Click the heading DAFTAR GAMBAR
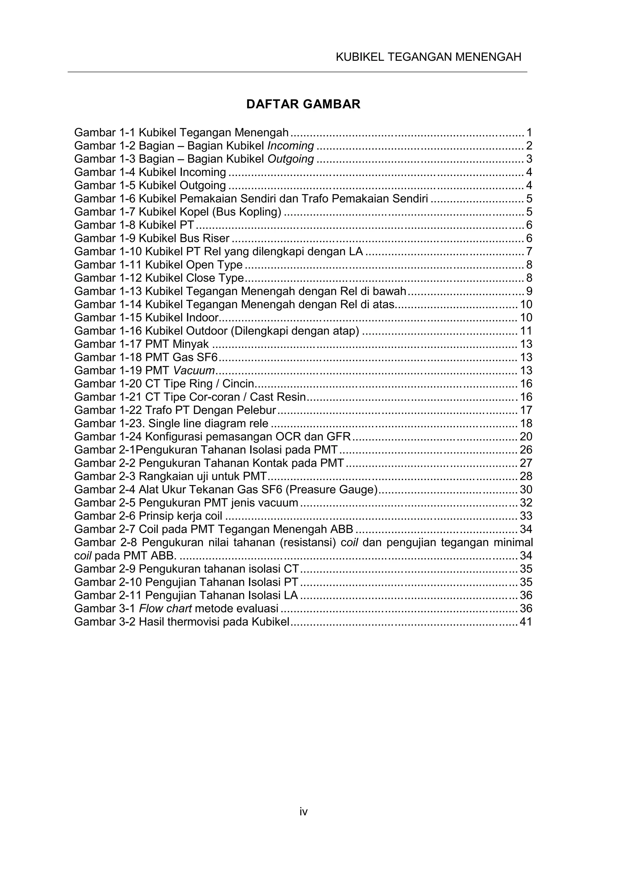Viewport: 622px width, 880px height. click(x=303, y=104)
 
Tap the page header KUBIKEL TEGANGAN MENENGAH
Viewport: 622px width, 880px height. click(x=428, y=57)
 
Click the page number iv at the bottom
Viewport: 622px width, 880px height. click(x=303, y=811)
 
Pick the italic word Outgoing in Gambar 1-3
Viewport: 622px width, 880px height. click(x=291, y=159)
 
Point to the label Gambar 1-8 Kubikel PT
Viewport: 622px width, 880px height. click(x=134, y=225)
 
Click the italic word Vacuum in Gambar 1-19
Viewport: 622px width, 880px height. click(x=194, y=371)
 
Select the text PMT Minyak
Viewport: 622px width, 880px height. click(x=177, y=344)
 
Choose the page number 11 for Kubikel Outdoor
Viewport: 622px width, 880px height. click(x=526, y=331)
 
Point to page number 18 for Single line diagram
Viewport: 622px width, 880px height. click(x=526, y=424)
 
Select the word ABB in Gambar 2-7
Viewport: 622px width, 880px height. click(x=342, y=529)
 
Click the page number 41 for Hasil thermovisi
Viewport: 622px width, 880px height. click(x=526, y=622)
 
